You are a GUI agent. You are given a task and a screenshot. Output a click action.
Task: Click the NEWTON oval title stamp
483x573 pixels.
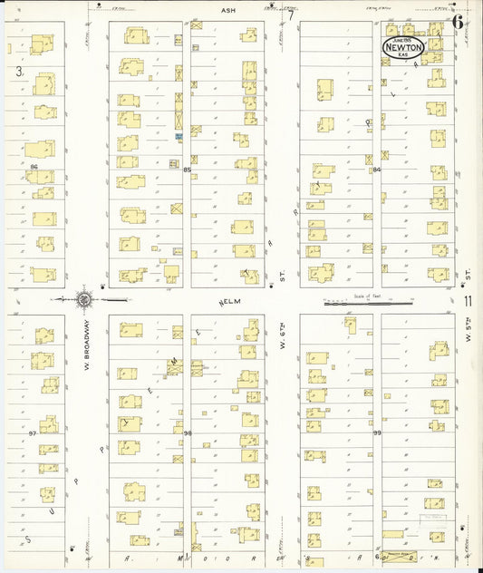pos(402,46)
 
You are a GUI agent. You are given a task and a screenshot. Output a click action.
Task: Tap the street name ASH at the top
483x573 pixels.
pos(227,11)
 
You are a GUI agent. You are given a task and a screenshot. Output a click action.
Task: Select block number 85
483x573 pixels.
pos(187,170)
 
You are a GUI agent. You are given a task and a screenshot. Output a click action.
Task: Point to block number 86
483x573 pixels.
pos(33,168)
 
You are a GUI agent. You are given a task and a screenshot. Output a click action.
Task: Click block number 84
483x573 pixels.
pos(376,170)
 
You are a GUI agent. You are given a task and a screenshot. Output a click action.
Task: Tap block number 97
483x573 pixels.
pos(33,433)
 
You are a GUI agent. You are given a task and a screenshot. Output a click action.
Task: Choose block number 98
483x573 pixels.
pos(188,433)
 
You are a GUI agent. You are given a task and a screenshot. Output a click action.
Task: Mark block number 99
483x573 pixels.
pos(376,433)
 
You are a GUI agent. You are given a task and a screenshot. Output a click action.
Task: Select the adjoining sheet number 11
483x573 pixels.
pos(468,302)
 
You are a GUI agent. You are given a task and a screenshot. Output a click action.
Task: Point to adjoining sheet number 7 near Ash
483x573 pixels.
pos(292,14)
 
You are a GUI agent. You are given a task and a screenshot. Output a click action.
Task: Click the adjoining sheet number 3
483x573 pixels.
pos(17,71)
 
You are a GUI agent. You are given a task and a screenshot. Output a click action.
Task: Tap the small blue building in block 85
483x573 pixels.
pos(179,136)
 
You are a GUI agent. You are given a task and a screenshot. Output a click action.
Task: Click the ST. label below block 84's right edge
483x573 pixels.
pos(469,271)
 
